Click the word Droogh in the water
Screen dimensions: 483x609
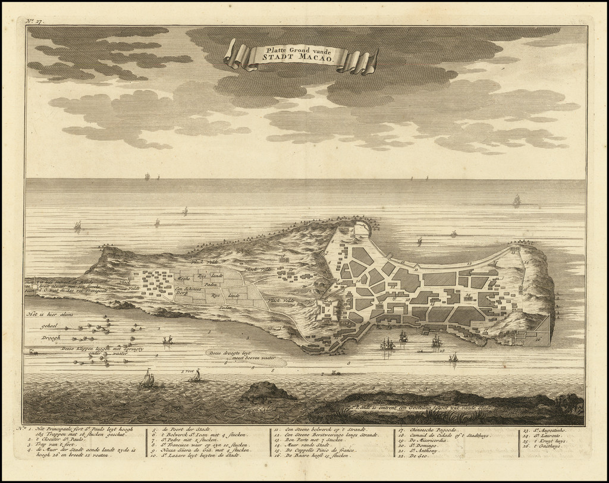coord(52,337)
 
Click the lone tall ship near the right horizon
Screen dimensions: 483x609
coord(516,200)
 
